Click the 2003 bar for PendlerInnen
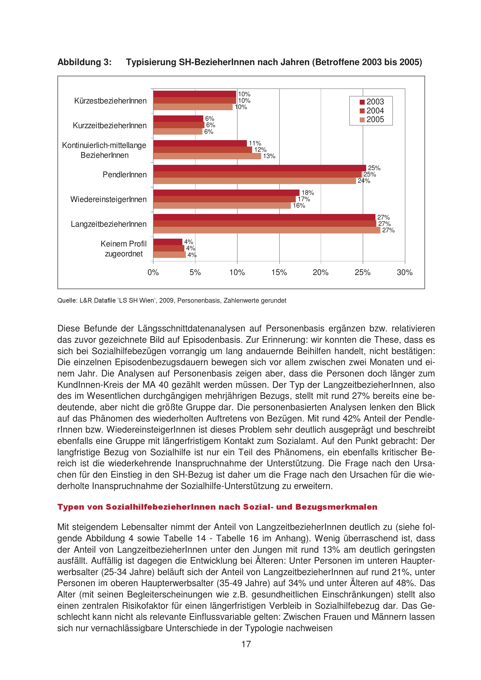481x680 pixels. pos(259,168)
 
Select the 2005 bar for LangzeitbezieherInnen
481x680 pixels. pos(267,230)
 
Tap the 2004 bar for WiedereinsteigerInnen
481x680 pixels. pos(225,199)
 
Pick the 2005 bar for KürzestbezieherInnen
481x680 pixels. pos(193,107)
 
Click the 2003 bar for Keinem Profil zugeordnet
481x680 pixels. pos(168,242)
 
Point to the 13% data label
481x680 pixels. pos(269,156)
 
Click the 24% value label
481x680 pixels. pos(364,181)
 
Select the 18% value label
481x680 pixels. pos(307,193)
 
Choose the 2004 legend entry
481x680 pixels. pos(372,111)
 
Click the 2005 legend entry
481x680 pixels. pos(372,120)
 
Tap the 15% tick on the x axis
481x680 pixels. pos(279,272)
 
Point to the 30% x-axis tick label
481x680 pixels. pos(405,272)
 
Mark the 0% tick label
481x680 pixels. pos(153,272)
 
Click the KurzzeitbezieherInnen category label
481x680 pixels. pos(110,126)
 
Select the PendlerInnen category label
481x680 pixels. pos(124,175)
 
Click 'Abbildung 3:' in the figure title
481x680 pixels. pos(84,62)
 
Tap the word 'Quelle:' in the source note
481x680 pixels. pos(67,301)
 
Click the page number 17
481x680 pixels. pos(246,644)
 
